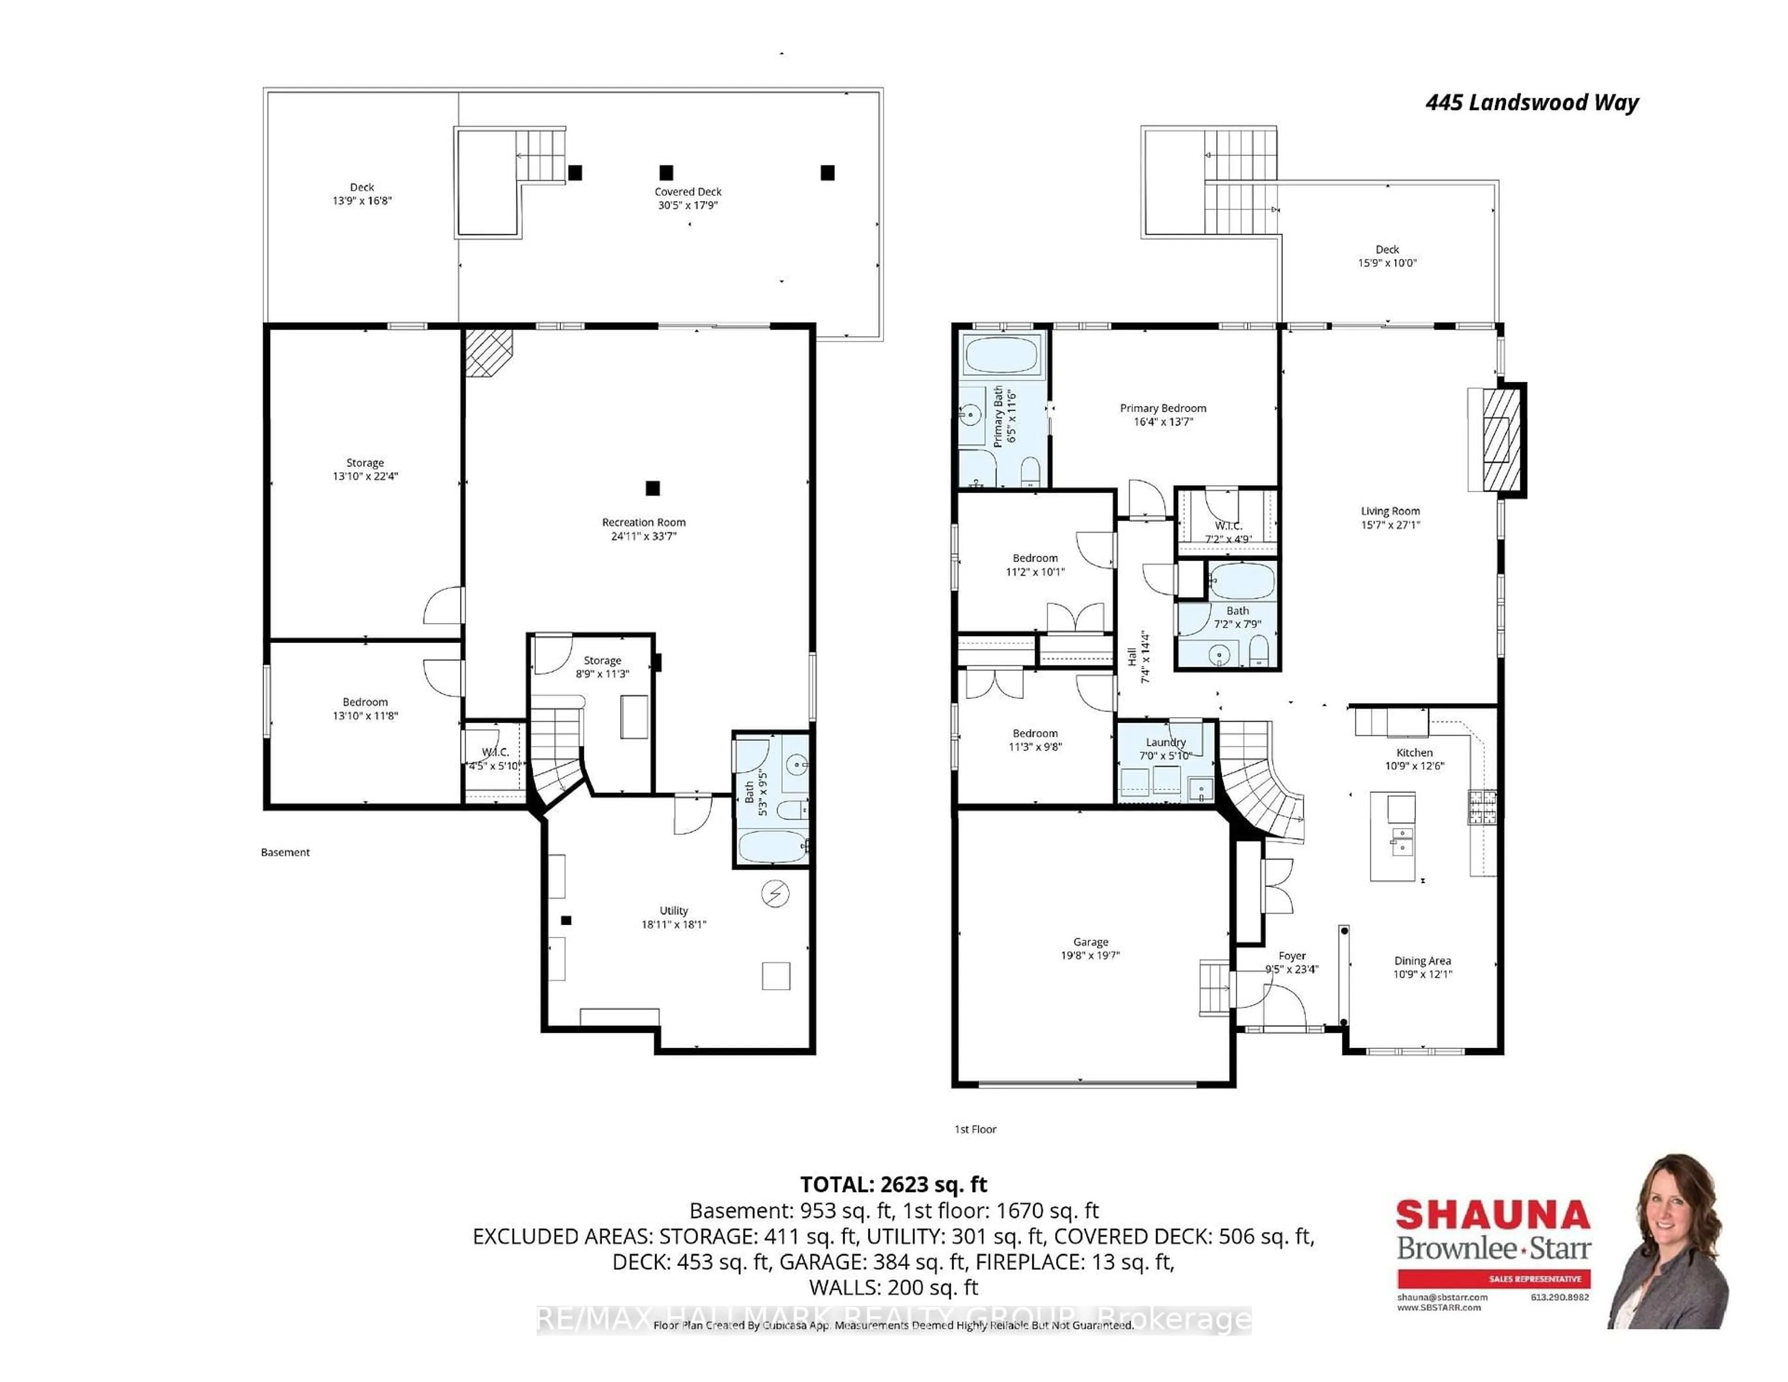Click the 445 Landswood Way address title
[x=1532, y=103]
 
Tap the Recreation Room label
[x=643, y=522]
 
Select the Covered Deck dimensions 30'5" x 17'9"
[x=688, y=205]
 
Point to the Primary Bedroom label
[x=1163, y=408]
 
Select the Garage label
[x=1090, y=942]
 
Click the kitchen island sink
[x=1401, y=841]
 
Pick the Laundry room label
[x=1166, y=743]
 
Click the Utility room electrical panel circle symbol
[x=774, y=894]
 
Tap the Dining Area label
[x=1422, y=961]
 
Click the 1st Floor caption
[x=975, y=1130]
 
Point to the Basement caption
[x=285, y=852]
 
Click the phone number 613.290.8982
[x=1559, y=1297]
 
